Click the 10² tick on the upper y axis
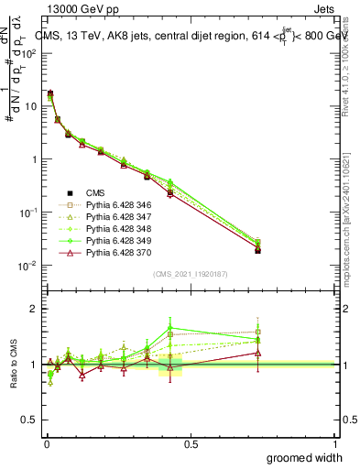click(x=29, y=53)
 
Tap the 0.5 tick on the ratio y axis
click(x=29, y=420)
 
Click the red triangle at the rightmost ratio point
click(x=258, y=353)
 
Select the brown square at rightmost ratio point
click(x=258, y=333)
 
